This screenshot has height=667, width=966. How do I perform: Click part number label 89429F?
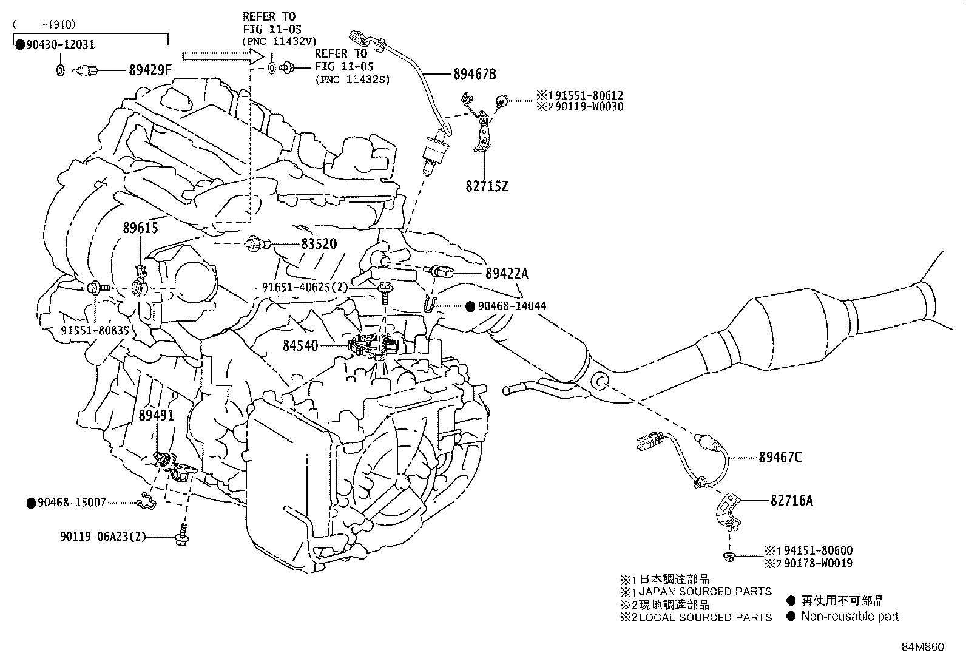click(x=150, y=70)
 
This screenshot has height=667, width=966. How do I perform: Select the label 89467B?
click(x=475, y=74)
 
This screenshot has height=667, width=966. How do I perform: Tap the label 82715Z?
click(x=487, y=186)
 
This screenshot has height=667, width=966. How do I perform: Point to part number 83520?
click(x=319, y=244)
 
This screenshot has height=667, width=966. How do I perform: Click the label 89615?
click(x=140, y=228)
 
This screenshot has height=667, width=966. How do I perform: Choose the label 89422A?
click(x=507, y=274)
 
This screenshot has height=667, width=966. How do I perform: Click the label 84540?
click(x=300, y=345)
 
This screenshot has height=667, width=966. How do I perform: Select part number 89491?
click(x=157, y=416)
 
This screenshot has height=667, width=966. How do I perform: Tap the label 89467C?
click(x=780, y=458)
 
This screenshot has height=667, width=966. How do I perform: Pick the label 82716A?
click(x=791, y=501)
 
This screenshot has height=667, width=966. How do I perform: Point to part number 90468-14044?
click(x=512, y=306)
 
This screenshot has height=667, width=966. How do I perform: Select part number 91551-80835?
click(x=95, y=330)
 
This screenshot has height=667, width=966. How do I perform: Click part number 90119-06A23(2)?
click(x=103, y=537)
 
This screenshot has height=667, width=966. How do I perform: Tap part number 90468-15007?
click(x=72, y=503)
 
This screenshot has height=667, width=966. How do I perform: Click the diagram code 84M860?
click(x=922, y=647)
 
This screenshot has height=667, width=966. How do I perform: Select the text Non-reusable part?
click(x=849, y=617)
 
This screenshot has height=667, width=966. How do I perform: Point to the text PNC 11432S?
click(x=352, y=80)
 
